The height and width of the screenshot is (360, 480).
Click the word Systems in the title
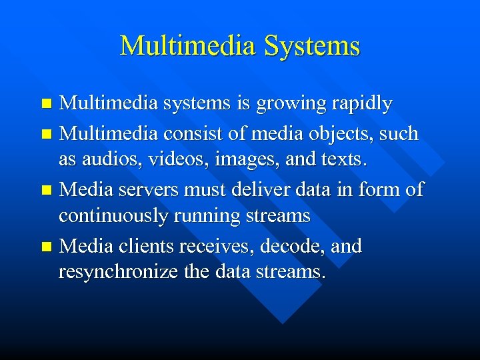[x=312, y=46]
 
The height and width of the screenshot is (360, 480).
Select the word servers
[x=138, y=190]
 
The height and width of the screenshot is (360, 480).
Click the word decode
[x=291, y=246]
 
